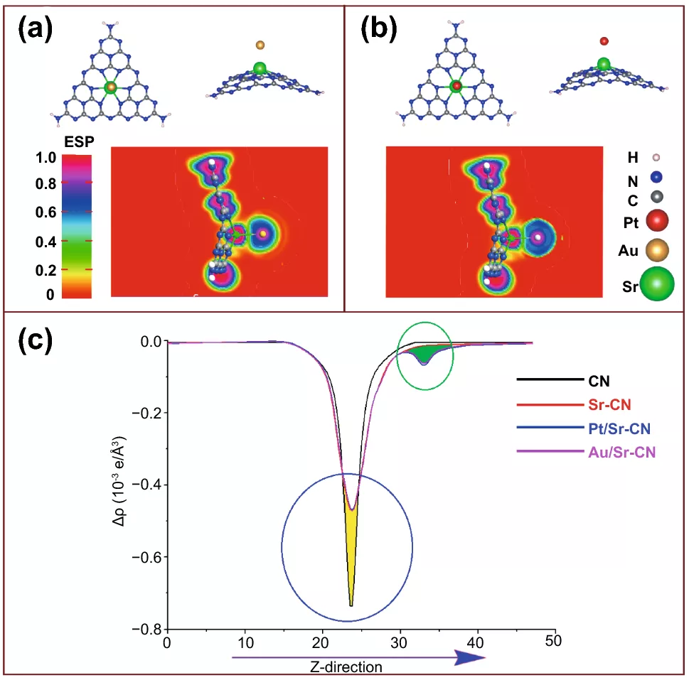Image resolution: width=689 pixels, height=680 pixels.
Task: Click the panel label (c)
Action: (x=35, y=341)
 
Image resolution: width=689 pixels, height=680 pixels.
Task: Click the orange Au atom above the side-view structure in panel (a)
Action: (x=260, y=45)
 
